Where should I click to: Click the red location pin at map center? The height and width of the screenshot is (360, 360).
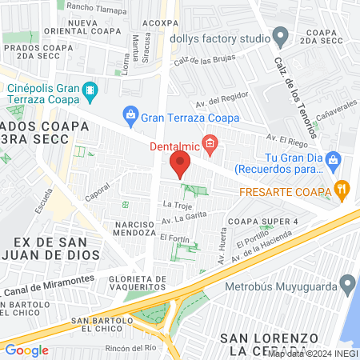click(x=180, y=164)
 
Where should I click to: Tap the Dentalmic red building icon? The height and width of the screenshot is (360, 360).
click(x=210, y=144)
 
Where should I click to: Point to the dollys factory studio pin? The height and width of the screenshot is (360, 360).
click(x=280, y=35)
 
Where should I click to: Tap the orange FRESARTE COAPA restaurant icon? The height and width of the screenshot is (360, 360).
click(x=342, y=190)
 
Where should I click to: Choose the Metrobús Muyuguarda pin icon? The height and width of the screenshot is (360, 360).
click(x=347, y=283)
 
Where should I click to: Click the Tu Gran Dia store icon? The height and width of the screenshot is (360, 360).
click(x=336, y=159)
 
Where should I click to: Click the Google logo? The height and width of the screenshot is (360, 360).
click(x=26, y=350)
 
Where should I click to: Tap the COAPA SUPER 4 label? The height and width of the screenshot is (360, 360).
click(x=262, y=221)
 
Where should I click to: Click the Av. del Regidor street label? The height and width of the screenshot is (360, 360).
click(x=218, y=102)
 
